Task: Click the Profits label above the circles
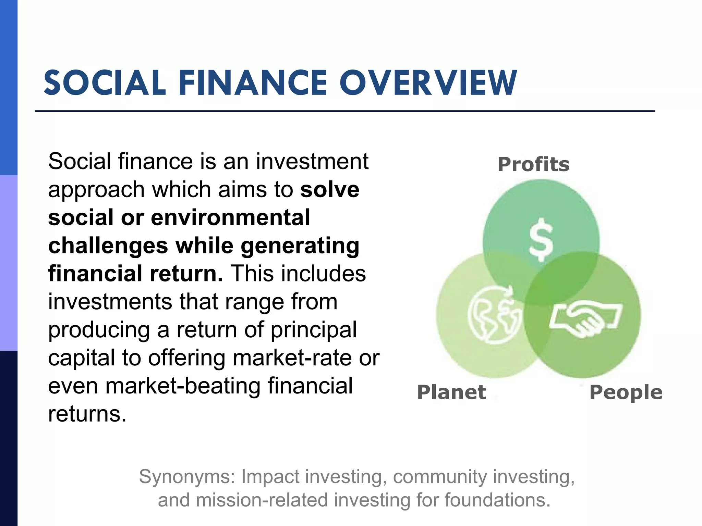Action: tap(533, 164)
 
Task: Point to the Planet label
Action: tap(451, 392)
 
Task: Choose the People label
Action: tap(626, 393)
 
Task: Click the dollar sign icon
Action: tap(541, 239)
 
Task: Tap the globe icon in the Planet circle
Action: tap(494, 314)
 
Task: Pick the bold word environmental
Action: tap(230, 217)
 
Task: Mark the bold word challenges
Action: tap(108, 246)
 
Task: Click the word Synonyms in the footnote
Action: tap(187, 477)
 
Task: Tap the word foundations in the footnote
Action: tap(497, 500)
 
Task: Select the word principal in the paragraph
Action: tap(314, 330)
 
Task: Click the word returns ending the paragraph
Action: tap(87, 414)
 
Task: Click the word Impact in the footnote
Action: tap(270, 477)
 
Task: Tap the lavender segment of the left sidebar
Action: tap(9, 263)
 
